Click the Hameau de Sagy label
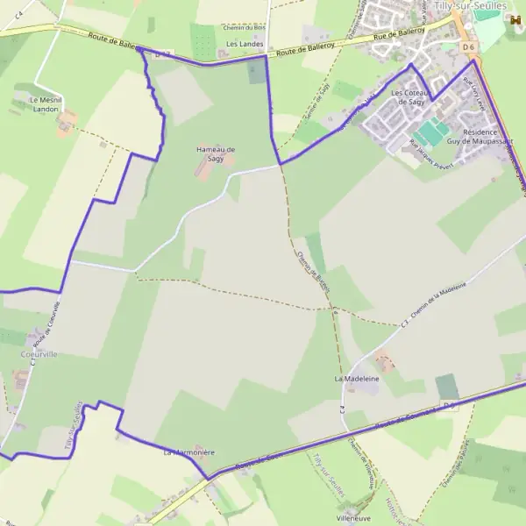coord(216,153)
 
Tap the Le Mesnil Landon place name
coord(38,105)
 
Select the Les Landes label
coord(245,43)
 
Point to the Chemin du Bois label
coord(244,27)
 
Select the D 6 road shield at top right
coord(470,46)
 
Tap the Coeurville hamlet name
coord(38,354)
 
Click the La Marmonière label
coord(189,452)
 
